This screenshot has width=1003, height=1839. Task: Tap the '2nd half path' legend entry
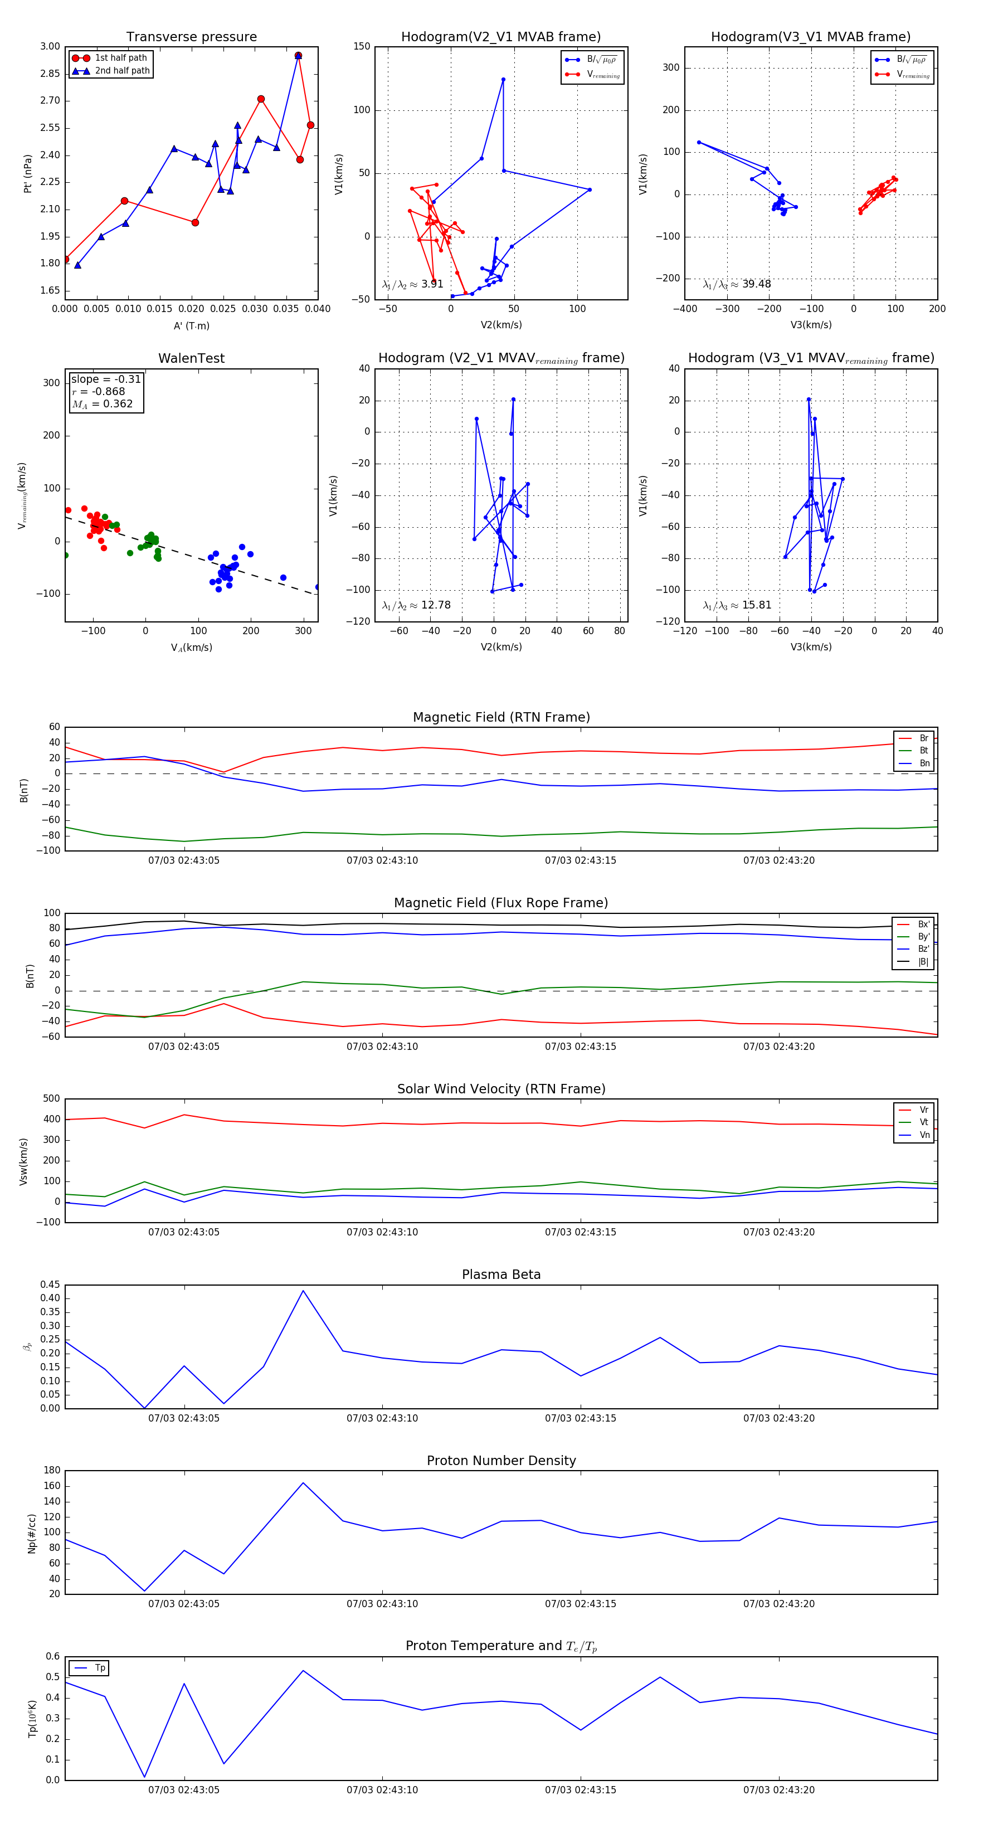point(122,71)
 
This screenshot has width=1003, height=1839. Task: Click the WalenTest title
point(191,358)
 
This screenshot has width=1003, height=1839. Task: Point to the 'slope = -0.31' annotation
point(106,379)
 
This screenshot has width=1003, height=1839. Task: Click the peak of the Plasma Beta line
point(303,1291)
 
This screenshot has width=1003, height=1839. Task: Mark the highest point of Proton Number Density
point(303,1483)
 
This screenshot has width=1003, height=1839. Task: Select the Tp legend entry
point(100,1668)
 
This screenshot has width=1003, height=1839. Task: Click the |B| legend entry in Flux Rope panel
point(923,962)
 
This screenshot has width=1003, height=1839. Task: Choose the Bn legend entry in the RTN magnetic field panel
point(924,763)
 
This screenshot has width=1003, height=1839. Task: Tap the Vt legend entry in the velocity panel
point(924,1122)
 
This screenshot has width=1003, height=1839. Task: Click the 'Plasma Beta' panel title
point(501,1274)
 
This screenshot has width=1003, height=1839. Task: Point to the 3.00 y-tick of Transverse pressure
point(50,46)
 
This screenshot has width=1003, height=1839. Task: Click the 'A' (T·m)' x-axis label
point(191,325)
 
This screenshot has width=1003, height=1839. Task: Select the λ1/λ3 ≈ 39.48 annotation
point(737,284)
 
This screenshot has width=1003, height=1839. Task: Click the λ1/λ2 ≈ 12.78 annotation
point(416,605)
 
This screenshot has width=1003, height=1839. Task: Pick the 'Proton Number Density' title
point(501,1461)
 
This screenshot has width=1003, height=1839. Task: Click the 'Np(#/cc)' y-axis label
point(31,1534)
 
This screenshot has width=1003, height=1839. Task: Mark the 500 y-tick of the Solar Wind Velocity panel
point(51,1099)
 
